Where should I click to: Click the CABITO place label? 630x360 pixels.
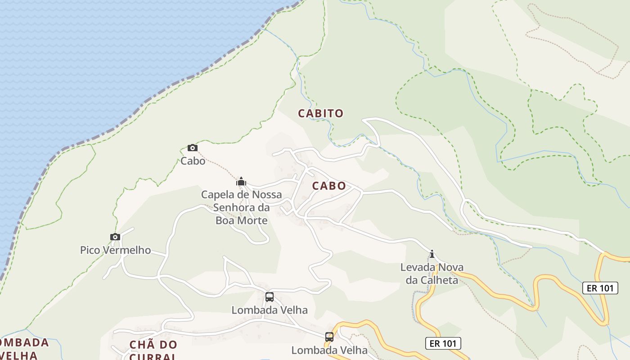click(x=320, y=113)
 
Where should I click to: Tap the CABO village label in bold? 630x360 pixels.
click(x=329, y=186)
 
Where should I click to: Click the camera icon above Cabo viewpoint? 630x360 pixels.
click(x=192, y=148)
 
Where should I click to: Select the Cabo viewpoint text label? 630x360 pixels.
click(x=193, y=161)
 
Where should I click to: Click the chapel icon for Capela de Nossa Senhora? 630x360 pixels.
click(x=241, y=181)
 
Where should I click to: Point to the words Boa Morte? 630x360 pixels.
click(x=241, y=220)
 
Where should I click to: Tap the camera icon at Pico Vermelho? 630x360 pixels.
click(x=115, y=237)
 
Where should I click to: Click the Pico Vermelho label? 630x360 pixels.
click(x=115, y=250)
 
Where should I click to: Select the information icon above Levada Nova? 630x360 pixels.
click(x=432, y=254)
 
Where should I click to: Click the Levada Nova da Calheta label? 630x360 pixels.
click(x=432, y=274)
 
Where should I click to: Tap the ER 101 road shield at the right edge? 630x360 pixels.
click(x=600, y=288)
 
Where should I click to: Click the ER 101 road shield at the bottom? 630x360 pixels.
click(x=443, y=343)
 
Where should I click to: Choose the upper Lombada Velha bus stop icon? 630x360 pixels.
click(x=269, y=297)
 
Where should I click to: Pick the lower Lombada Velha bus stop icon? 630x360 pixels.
click(x=329, y=337)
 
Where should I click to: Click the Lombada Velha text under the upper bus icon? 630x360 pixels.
click(x=269, y=310)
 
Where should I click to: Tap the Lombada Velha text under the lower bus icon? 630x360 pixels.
click(x=329, y=350)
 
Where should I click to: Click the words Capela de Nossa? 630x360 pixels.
click(x=241, y=195)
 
